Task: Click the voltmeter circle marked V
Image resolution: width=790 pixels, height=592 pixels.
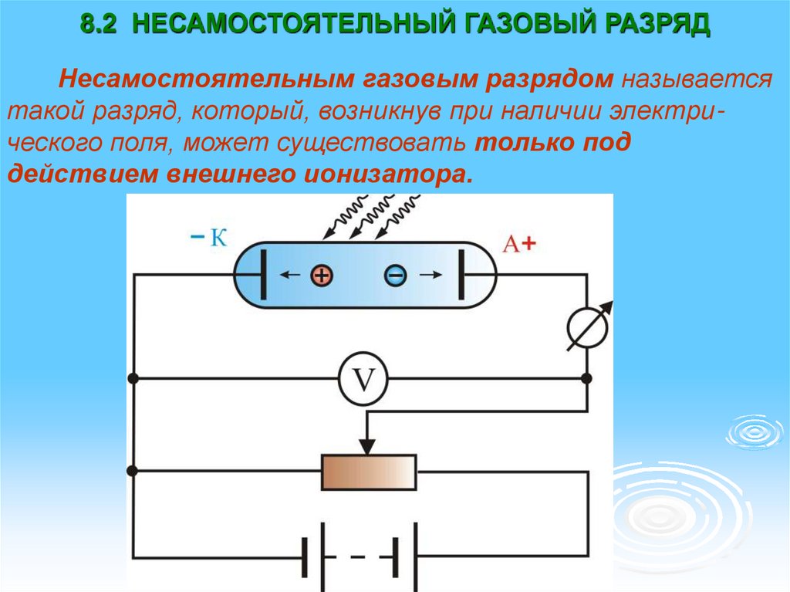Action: pyautogui.click(x=363, y=379)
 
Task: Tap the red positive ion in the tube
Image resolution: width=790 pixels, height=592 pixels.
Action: pyautogui.click(x=322, y=276)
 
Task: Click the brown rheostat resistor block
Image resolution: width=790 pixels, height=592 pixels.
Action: pyautogui.click(x=369, y=471)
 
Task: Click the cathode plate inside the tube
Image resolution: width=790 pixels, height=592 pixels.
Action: pyautogui.click(x=267, y=275)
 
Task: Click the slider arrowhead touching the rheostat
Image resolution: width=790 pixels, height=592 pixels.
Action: pyautogui.click(x=368, y=446)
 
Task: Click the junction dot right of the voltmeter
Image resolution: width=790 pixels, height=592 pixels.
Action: pyautogui.click(x=586, y=379)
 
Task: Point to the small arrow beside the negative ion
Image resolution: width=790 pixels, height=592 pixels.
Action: pyautogui.click(x=429, y=274)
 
